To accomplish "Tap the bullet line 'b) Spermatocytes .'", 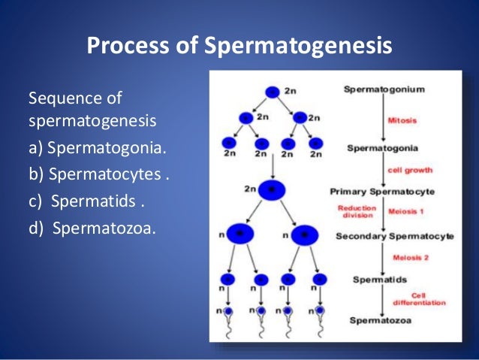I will pyautogui.click(x=98, y=175).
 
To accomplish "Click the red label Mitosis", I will pyautogui.click(x=402, y=119).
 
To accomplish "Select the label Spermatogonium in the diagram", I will pyautogui.click(x=384, y=89).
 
